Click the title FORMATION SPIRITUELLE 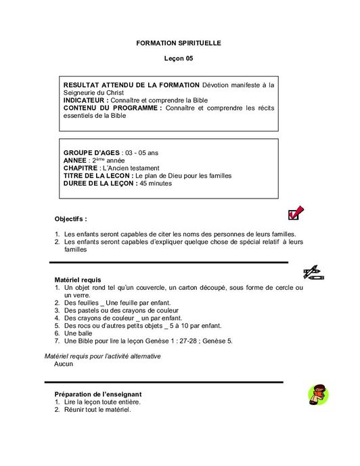point(179,43)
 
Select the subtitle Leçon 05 point(179,59)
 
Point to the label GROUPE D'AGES point(91,152)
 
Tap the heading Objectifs point(70,219)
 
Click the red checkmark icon point(295,213)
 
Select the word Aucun point(64,364)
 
